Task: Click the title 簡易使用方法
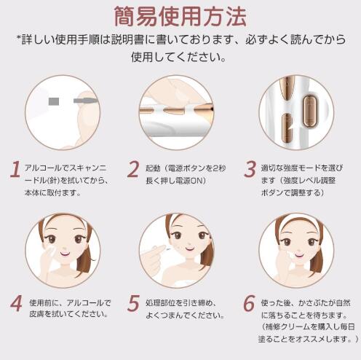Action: pos(180,17)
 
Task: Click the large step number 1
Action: pos(15,169)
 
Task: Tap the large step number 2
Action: pos(133,169)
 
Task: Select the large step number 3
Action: pos(250,169)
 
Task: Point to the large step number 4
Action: pos(16,303)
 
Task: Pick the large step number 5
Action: pos(133,303)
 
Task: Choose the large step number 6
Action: pos(250,303)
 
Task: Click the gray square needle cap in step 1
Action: pos(54,101)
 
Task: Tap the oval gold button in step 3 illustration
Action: pos(309,111)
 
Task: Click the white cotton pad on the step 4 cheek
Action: pos(51,250)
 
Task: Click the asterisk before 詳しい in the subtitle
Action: pos(18,38)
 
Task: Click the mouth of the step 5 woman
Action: pos(189,249)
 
